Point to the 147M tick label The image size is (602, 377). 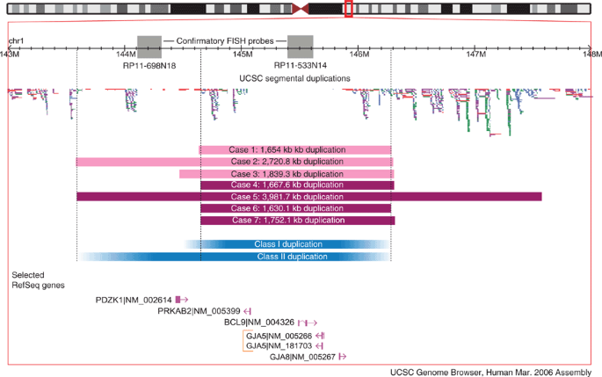coord(475,54)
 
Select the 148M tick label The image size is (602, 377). coord(591,54)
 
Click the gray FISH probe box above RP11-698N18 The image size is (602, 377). coord(149,47)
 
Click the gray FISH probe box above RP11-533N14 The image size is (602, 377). coord(300,47)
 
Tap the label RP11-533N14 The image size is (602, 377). coord(300,66)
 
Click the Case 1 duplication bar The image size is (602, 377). coord(296,149)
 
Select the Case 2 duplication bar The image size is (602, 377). coord(235,162)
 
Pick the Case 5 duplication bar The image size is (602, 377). coord(308,197)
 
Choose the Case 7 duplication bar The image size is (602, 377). coord(297,220)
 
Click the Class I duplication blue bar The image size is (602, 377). coord(287,244)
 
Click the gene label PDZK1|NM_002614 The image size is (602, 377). coord(134,300)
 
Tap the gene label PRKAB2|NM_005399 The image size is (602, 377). coord(199,311)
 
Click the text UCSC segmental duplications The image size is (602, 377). coord(294,78)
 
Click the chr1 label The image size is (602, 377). coord(17,41)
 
